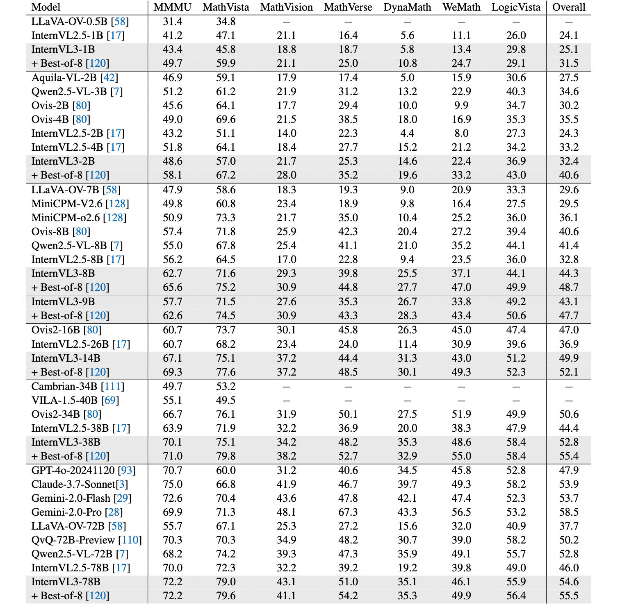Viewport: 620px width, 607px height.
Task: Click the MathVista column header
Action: pyautogui.click(x=226, y=7)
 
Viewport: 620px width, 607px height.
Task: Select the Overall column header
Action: pyautogui.click(x=569, y=7)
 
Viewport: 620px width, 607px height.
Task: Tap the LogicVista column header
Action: pyautogui.click(x=516, y=7)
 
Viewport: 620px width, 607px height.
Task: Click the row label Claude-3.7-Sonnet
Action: pyautogui.click(x=73, y=485)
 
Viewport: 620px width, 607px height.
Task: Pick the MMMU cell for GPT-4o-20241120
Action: pyautogui.click(x=173, y=471)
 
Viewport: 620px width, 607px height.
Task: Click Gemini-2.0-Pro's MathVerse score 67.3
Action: pyautogui.click(x=348, y=512)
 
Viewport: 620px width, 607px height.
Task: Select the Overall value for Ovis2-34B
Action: pyautogui.click(x=569, y=414)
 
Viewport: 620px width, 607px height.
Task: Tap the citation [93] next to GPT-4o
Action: pyautogui.click(x=127, y=471)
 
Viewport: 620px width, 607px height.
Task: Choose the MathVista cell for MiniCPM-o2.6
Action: pyautogui.click(x=226, y=218)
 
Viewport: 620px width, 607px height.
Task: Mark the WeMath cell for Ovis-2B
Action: pyautogui.click(x=461, y=106)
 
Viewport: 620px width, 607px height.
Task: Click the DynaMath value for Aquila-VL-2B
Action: pyautogui.click(x=407, y=78)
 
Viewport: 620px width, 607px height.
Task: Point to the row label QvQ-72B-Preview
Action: pyautogui.click(x=73, y=540)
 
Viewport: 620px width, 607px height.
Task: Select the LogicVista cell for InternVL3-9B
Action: pyautogui.click(x=516, y=302)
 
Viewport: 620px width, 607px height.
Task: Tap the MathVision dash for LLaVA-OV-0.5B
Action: pyautogui.click(x=287, y=22)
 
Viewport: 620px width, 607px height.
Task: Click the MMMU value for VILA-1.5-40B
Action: pyautogui.click(x=173, y=401)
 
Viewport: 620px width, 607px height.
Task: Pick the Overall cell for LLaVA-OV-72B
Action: pyautogui.click(x=569, y=526)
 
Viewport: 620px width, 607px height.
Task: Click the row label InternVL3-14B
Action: pyautogui.click(x=66, y=358)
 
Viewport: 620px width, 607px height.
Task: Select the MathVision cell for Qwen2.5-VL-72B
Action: pyautogui.click(x=287, y=554)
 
